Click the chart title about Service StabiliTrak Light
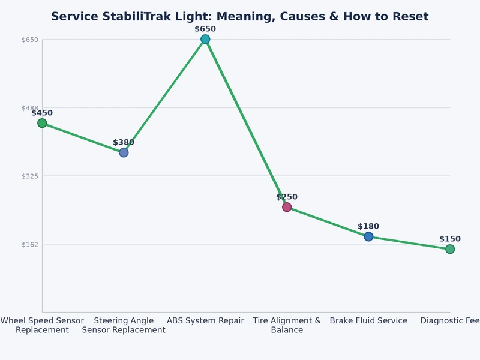(x=240, y=17)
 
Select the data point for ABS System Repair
(x=205, y=39)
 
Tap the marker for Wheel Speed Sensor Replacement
(x=42, y=123)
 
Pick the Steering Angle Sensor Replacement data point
(x=124, y=152)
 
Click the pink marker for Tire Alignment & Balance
(x=287, y=207)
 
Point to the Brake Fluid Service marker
(x=368, y=236)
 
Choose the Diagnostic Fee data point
(x=449, y=249)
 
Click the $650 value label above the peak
(x=205, y=29)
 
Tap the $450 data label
(x=42, y=113)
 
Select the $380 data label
(x=124, y=142)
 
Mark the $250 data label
(x=287, y=197)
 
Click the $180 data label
(x=368, y=226)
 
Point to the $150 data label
(x=449, y=239)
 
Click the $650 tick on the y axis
(x=30, y=40)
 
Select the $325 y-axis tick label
(x=30, y=176)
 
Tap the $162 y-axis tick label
(x=30, y=244)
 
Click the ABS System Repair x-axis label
(x=205, y=321)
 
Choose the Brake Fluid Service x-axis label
(x=368, y=321)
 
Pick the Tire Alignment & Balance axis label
(x=287, y=325)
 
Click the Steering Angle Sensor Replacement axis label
(x=124, y=325)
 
